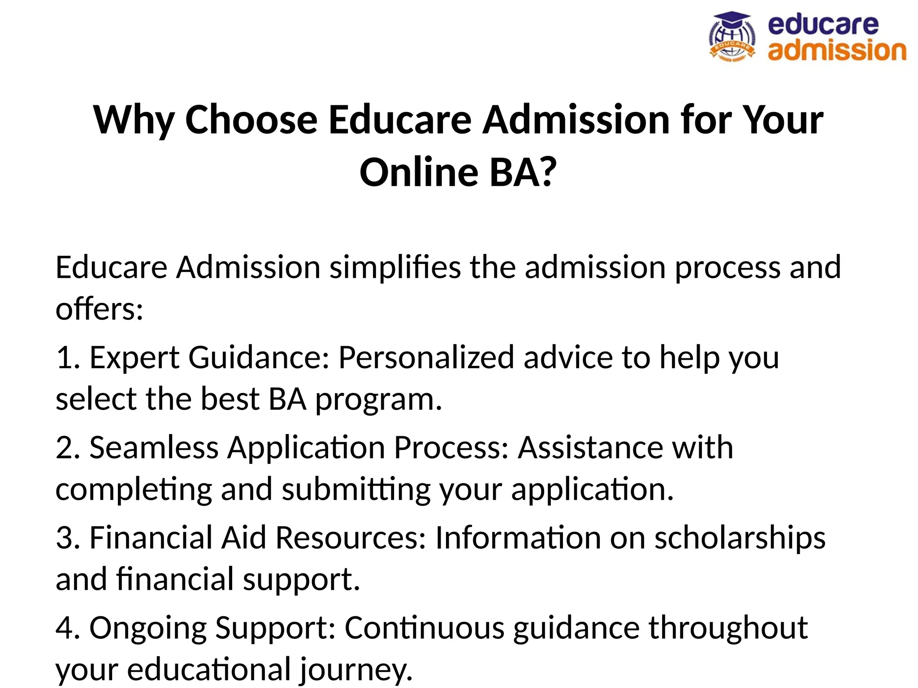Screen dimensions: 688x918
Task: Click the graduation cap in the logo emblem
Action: [x=731, y=20]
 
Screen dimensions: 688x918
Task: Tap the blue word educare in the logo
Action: [x=823, y=25]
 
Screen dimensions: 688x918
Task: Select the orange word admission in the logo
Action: [x=836, y=50]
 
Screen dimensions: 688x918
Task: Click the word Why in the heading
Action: [x=134, y=120]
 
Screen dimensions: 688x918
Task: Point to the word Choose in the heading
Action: [x=251, y=120]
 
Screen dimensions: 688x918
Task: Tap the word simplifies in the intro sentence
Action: [x=395, y=268]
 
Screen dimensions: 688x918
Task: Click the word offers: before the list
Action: [x=99, y=309]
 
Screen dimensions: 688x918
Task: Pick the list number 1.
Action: [x=65, y=358]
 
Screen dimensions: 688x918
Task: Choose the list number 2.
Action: [x=65, y=448]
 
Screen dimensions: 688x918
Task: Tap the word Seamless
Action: [x=154, y=448]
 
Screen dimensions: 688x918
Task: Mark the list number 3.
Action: [x=65, y=538]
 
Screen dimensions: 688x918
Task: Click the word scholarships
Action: [x=740, y=538]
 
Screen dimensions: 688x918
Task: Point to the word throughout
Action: [x=728, y=628]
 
